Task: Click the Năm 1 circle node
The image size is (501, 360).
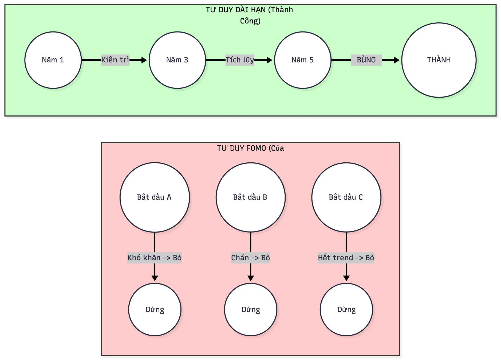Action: coord(53,60)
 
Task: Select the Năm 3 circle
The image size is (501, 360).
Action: coord(177,60)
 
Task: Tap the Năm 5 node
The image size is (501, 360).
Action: coord(303,60)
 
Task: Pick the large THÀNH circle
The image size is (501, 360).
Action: coord(439,60)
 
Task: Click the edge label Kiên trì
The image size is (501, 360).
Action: coord(115,60)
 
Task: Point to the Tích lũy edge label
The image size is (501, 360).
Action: coord(240,60)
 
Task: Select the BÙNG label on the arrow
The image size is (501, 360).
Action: coord(366,60)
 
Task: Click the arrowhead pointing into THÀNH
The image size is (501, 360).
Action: coord(397,60)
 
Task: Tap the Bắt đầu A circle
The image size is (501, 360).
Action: coord(155,197)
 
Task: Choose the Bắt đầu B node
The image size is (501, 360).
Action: coord(250,197)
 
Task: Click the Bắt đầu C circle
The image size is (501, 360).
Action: coord(346,197)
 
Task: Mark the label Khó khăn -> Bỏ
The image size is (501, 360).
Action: coord(154,258)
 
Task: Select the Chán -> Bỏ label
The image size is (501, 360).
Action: coord(250,258)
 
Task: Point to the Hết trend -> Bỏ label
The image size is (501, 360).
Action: coord(346,258)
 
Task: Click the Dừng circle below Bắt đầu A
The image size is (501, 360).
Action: coord(155,310)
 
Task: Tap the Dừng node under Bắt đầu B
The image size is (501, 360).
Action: coord(250,310)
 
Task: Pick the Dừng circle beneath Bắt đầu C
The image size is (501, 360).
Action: coord(346,310)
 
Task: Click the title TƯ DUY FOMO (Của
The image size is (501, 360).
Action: coord(250,148)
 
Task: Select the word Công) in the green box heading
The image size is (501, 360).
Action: coord(250,21)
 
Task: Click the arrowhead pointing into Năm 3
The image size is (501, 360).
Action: coord(144,60)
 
